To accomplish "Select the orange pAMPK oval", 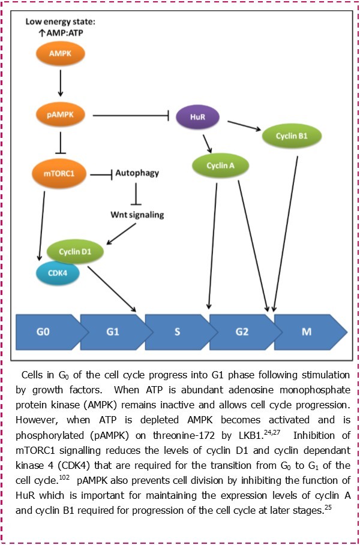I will [60, 113].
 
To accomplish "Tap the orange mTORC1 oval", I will [60, 174].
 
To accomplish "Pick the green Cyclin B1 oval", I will [292, 136].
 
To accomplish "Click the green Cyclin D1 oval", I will [74, 251].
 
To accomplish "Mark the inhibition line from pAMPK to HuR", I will [129, 114].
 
